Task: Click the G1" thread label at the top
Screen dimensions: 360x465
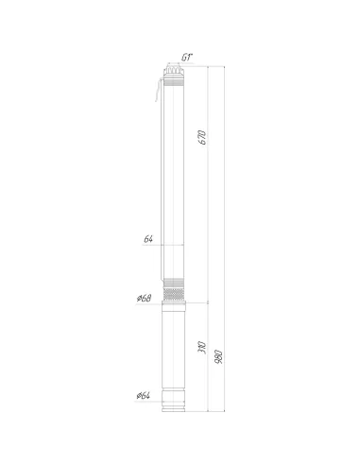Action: coord(187,58)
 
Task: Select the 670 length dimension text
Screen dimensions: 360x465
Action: coord(203,137)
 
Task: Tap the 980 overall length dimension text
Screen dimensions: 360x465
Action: coord(218,356)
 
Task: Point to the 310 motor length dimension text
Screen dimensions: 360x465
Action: coord(202,348)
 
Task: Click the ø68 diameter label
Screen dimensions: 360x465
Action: coord(145,298)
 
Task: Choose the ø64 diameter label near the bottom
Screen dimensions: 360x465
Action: coord(144,396)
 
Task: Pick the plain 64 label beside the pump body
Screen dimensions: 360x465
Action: coord(148,239)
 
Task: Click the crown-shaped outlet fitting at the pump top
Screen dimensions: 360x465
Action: coord(174,69)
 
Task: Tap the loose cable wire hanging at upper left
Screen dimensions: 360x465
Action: coord(158,91)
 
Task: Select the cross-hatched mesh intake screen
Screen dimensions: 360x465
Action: coord(174,294)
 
